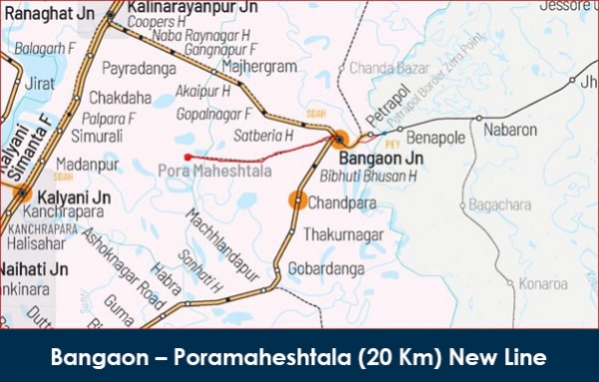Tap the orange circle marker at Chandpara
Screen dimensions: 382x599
click(297, 200)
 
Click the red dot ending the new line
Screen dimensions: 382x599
click(188, 156)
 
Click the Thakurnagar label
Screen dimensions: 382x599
click(344, 235)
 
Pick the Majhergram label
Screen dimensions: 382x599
click(263, 67)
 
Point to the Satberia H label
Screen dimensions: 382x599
click(264, 133)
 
